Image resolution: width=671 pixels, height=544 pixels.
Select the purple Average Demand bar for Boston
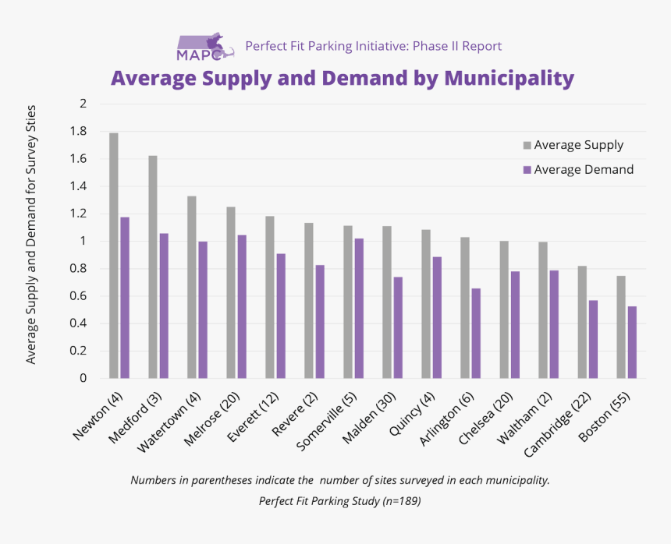pyautogui.click(x=632, y=342)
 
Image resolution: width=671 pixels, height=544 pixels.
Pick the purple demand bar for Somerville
pyautogui.click(x=359, y=308)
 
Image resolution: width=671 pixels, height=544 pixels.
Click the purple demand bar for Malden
pyautogui.click(x=398, y=327)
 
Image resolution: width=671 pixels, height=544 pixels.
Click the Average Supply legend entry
pyautogui.click(x=578, y=145)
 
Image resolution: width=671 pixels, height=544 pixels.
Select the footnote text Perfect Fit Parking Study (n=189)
pyautogui.click(x=340, y=501)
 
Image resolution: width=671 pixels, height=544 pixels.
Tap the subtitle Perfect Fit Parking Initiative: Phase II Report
pyautogui.click(x=373, y=46)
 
